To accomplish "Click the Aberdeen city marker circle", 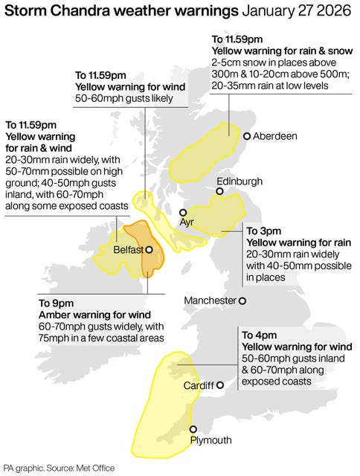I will (247, 136).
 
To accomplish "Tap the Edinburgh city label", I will (239, 181).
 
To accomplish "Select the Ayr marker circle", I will (184, 212).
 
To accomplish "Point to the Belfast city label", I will (127, 251).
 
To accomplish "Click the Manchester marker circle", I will (242, 300).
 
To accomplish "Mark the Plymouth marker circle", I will (193, 429).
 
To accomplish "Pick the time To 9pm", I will (56, 303).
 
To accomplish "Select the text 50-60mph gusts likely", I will (124, 99).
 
